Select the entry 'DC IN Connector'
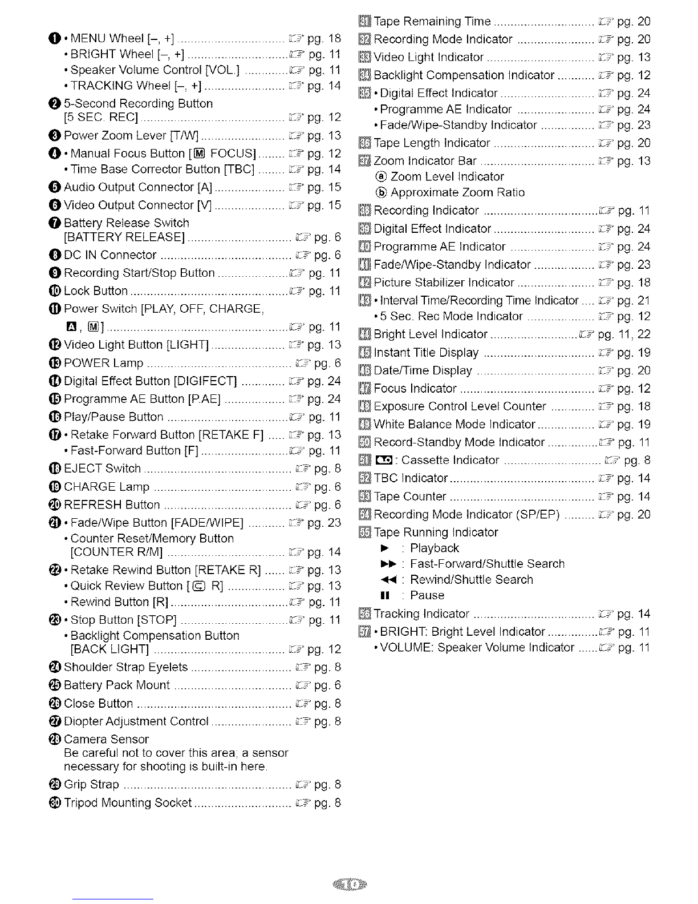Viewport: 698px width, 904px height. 110,255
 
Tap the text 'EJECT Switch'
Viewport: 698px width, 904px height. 102,469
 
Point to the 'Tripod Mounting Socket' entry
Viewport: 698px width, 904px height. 127,802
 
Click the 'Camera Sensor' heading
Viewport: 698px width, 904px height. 106,739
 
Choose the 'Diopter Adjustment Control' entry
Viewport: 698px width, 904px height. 136,721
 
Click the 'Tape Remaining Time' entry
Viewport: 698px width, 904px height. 432,22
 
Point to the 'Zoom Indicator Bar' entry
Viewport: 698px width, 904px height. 425,161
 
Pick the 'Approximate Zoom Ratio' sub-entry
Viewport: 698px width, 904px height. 457,192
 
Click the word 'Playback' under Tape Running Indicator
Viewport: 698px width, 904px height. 435,548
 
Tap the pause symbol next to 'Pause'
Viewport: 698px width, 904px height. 384,595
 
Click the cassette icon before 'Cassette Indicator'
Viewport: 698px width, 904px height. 383,460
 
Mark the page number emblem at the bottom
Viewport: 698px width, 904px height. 349,885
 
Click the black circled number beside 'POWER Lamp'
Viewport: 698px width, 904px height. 56,363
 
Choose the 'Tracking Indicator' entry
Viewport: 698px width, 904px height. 421,614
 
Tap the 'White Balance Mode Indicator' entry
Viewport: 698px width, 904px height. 454,424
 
